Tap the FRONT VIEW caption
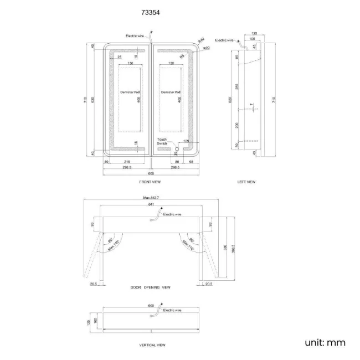point(150,182)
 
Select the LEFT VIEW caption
point(246,182)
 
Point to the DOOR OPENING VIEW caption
point(150,287)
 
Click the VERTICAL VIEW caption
point(152,344)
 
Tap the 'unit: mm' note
point(325,342)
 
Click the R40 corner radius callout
point(201,39)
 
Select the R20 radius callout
point(207,49)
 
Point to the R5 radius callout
point(182,56)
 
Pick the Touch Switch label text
point(162,141)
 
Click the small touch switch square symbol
point(177,148)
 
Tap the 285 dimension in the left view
point(236,86)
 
